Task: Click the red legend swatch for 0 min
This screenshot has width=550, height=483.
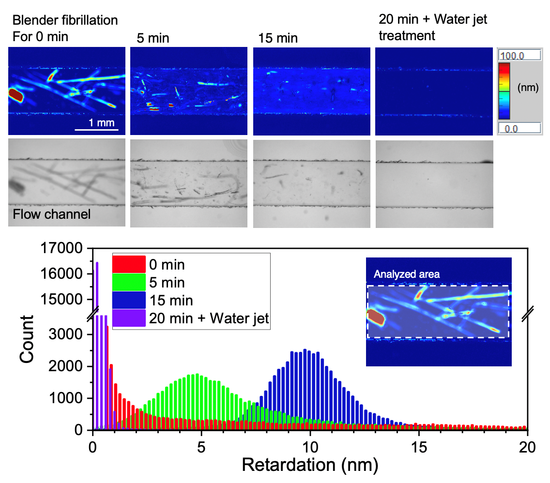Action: pos(129,264)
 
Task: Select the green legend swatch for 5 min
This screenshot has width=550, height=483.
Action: pos(129,282)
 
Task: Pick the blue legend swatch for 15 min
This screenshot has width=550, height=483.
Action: pos(129,301)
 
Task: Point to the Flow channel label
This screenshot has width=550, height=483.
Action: pos(52,213)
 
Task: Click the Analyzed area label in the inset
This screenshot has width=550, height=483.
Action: pos(407,274)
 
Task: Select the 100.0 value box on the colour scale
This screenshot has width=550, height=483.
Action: pos(519,56)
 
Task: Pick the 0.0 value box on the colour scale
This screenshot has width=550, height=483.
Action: pos(519,128)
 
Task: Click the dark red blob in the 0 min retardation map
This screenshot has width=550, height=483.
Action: pos(16,95)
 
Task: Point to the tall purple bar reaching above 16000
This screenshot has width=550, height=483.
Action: pos(97,286)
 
